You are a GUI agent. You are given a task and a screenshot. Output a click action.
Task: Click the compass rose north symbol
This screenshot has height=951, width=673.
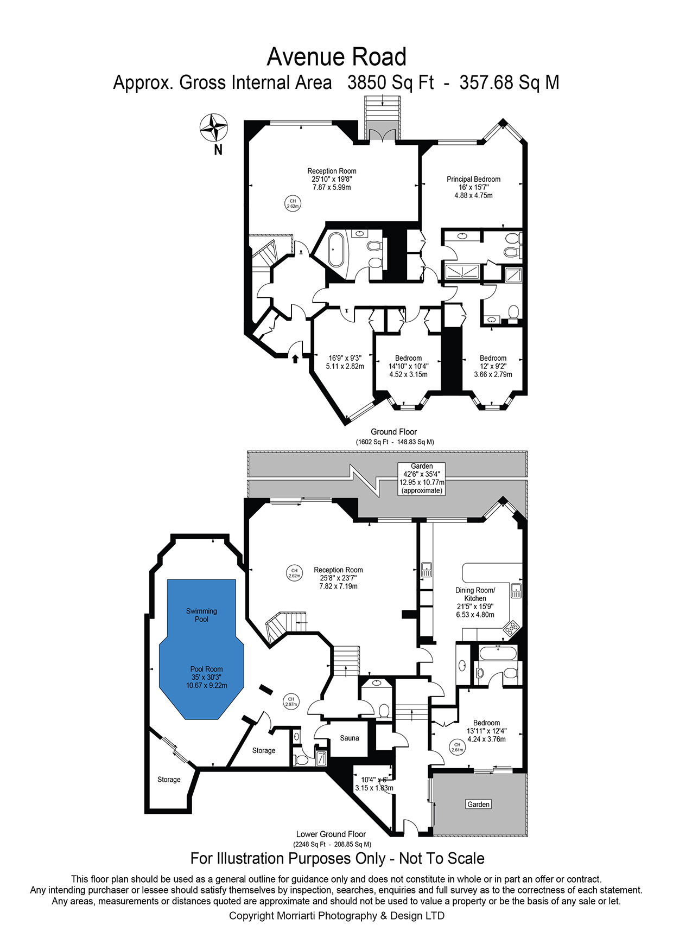214,129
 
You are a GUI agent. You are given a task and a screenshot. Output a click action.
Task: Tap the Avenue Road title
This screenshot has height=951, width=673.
336,57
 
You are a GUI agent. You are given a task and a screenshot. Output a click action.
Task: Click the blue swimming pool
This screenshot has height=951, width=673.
201,649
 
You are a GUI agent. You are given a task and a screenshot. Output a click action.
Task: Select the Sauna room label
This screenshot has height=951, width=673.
350,738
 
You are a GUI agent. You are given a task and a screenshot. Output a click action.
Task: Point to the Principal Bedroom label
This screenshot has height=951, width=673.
474,179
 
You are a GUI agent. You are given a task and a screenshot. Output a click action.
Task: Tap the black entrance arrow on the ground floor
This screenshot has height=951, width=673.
295,359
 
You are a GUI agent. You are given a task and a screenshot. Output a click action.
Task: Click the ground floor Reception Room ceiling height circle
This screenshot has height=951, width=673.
293,203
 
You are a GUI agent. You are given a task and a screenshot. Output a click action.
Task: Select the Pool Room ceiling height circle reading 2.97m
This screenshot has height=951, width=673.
291,701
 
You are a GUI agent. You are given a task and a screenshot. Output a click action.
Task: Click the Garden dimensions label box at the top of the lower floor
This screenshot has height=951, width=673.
422,478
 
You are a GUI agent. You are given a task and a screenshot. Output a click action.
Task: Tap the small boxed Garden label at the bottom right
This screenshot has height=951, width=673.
479,805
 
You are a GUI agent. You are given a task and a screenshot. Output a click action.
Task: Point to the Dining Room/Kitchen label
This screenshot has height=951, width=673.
475,594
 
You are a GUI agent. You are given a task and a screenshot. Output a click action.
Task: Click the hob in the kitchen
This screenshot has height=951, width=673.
511,628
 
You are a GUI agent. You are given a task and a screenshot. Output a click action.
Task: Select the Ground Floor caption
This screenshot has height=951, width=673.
394,432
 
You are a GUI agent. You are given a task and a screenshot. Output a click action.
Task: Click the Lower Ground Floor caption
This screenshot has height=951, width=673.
331,834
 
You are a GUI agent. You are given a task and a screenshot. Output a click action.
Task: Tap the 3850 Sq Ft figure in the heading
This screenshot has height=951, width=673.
391,82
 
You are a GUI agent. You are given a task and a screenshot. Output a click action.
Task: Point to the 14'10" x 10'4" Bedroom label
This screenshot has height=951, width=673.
408,366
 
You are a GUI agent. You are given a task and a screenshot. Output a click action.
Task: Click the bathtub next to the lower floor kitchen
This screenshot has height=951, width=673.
498,652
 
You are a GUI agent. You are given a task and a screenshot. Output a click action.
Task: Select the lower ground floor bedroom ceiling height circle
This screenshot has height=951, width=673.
457,747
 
